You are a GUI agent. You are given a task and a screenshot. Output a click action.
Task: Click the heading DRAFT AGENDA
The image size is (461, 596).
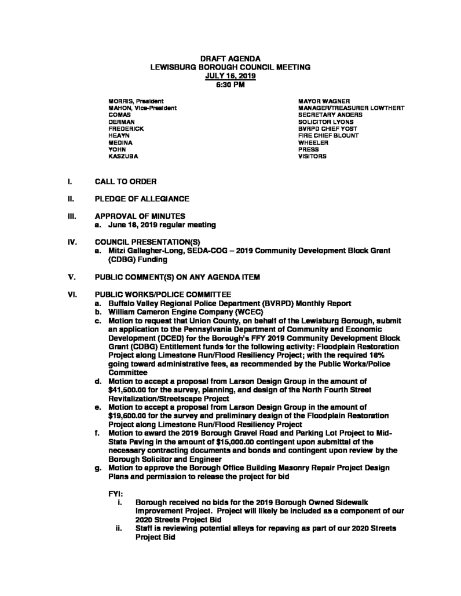[x=230, y=58]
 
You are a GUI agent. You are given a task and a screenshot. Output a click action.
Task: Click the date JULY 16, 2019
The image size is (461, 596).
[x=230, y=75]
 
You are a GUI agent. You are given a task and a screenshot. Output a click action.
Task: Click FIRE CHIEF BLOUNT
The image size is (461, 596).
[x=328, y=135]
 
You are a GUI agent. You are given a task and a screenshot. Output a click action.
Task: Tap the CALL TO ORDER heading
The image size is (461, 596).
[x=126, y=181]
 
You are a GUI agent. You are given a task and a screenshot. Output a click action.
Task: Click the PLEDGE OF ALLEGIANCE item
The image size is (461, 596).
[x=142, y=199]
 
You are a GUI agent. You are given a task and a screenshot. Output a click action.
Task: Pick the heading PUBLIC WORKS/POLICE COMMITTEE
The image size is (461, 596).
[x=163, y=294]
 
